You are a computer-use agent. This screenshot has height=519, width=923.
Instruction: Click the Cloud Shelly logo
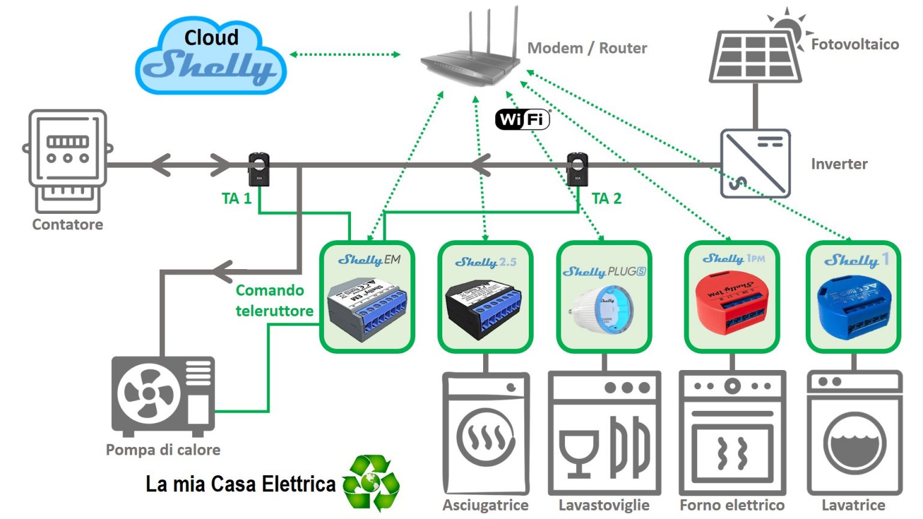[210, 56]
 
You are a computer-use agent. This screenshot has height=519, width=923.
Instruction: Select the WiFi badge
[522, 119]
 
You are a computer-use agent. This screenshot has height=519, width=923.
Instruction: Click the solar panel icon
[755, 56]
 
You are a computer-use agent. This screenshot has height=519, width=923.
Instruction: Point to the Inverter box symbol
[755, 163]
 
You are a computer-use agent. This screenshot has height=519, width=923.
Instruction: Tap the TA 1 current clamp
[259, 169]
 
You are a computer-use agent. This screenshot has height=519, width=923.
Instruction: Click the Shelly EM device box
[367, 297]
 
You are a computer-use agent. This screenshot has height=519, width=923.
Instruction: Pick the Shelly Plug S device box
[605, 297]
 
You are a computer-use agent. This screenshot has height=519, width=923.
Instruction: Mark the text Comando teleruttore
[274, 300]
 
